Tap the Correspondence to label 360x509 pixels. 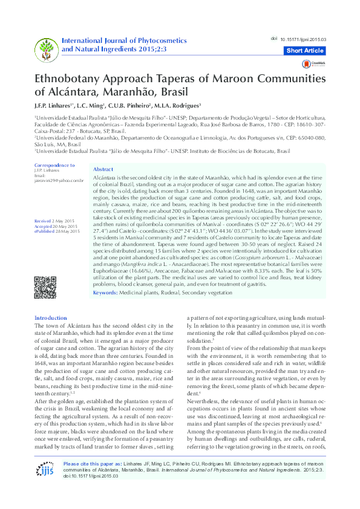click(x=54, y=165)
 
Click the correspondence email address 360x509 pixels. click(x=59, y=180)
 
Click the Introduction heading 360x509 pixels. click(x=51, y=318)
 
